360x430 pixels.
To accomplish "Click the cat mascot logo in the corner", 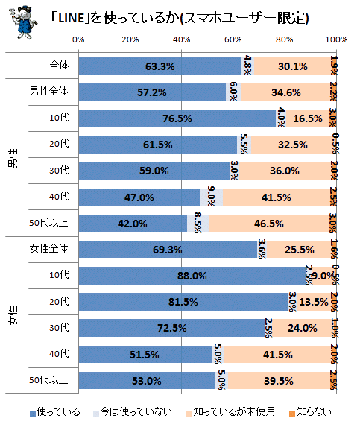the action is click(23, 22).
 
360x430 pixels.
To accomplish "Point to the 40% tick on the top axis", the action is click(182, 39).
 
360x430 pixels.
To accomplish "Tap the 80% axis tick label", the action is click(285, 39).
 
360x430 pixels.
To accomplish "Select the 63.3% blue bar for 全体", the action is click(160, 66).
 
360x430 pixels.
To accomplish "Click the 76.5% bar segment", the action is click(177, 118).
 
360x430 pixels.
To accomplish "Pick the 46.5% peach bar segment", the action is click(269, 224).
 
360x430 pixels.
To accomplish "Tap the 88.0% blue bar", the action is click(192, 275).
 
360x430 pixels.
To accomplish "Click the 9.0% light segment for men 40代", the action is click(212, 197).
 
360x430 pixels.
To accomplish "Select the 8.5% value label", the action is click(198, 222).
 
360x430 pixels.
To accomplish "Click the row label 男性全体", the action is click(48, 91).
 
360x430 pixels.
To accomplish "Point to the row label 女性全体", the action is click(48, 248).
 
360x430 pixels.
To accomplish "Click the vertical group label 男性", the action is click(13, 158).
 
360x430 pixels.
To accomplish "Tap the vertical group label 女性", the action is click(13, 314).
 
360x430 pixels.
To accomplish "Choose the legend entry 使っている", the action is click(55, 412).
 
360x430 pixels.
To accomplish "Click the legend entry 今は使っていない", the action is click(133, 412).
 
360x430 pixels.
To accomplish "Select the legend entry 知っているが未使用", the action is click(230, 412).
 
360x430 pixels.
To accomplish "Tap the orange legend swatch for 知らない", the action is click(292, 414).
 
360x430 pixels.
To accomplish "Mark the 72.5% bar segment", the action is click(172, 328).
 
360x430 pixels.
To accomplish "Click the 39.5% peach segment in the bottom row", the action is click(279, 380).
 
